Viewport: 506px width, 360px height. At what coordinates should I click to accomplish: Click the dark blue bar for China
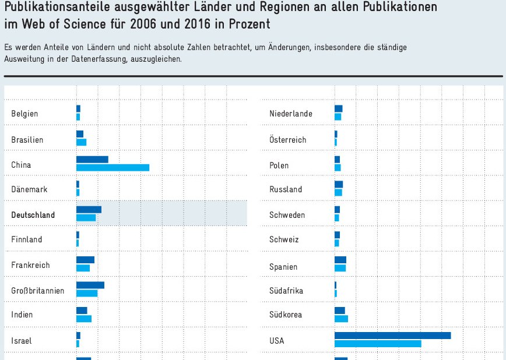coord(92,160)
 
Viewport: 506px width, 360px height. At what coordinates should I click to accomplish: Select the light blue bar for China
coord(113,168)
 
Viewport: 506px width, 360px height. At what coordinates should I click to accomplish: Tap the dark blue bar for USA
coord(392,336)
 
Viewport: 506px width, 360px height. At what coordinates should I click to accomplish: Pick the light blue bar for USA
coord(378,344)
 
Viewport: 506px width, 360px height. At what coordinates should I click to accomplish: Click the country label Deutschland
coord(33,215)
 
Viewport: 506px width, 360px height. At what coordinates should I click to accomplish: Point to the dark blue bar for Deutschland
coord(89,210)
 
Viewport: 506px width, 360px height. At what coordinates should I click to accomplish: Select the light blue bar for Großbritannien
coord(87,293)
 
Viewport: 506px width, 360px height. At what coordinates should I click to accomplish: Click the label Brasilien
coord(27,140)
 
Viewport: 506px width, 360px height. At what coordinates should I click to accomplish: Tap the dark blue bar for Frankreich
coord(85,260)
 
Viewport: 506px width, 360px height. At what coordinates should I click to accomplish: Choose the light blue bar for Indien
coord(84,319)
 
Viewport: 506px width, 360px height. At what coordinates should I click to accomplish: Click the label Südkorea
coord(286,315)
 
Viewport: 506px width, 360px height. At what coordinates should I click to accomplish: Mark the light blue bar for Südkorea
coord(341,319)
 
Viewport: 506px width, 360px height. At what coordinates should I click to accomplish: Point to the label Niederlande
coord(291,114)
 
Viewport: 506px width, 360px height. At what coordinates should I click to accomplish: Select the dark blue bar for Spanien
coord(340,260)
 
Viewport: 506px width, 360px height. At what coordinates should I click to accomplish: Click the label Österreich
coord(288,140)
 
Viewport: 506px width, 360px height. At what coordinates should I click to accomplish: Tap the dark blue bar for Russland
coord(339,185)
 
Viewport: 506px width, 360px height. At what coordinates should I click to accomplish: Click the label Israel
coord(22,341)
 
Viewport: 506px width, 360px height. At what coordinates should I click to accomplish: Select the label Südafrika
coord(286,290)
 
